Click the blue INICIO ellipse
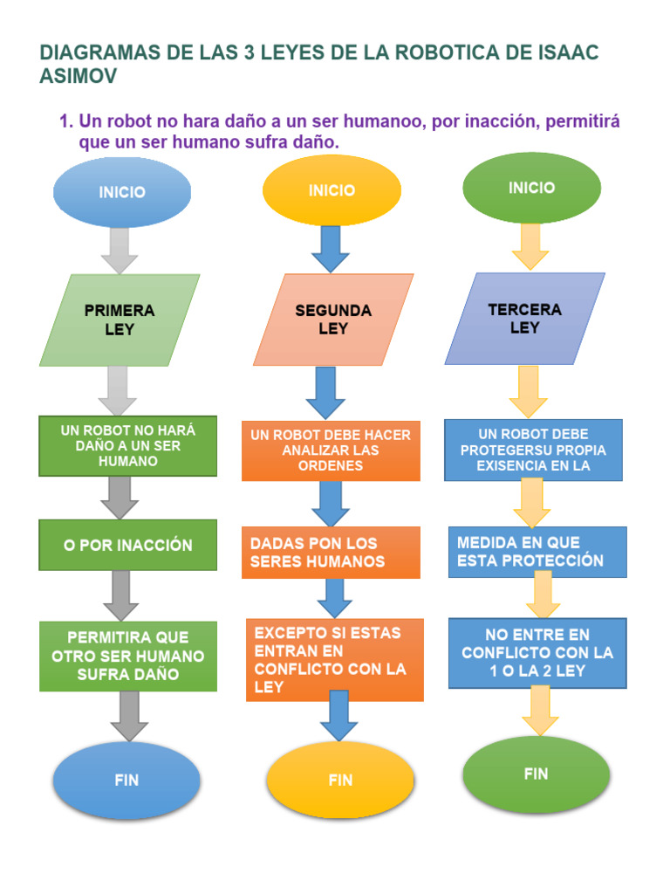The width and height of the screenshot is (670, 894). pos(122,192)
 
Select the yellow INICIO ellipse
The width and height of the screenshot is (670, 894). pos(332,190)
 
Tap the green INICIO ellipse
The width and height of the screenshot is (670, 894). pos(531,188)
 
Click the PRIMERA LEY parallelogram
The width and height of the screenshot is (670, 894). pos(120,320)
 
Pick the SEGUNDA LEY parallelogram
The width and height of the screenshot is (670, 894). pos(333,320)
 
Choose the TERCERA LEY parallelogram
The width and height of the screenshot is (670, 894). pos(524,319)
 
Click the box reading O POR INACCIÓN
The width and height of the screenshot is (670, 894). pos(127,545)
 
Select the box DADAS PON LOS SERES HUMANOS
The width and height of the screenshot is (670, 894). pos(331,552)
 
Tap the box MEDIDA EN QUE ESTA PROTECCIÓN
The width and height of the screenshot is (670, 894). pos(537,552)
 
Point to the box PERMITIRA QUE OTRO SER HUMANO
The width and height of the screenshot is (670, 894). pos(127,656)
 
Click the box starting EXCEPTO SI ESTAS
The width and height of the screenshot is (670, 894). pos(334,659)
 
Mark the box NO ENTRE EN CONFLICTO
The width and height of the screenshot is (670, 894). pos(537,652)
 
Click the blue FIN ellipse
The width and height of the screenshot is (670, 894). pos(126,780)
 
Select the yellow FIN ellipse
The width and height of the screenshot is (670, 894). pos(340,781)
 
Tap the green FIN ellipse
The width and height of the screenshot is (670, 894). pos(536,774)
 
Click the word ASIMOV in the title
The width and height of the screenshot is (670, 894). pos(79,76)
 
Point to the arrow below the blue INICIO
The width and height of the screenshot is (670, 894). pos(120,251)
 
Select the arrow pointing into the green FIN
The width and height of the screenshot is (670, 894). pos(541,712)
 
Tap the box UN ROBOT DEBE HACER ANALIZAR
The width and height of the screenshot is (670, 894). pos(331,450)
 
